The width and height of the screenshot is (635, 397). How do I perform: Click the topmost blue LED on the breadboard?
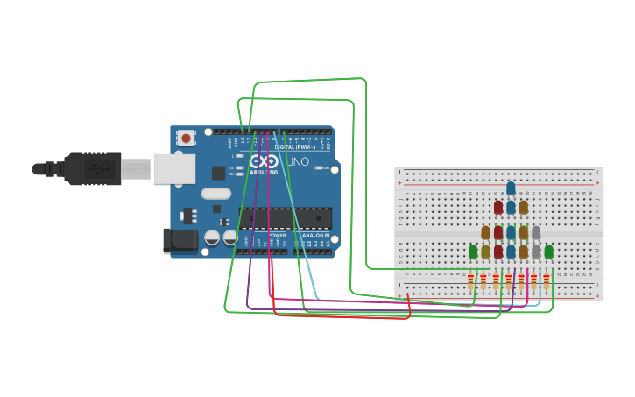[511, 188]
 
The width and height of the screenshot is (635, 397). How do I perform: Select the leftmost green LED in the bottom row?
[473, 252]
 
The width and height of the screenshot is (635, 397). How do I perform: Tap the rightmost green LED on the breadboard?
[548, 252]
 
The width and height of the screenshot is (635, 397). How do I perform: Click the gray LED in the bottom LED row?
[536, 252]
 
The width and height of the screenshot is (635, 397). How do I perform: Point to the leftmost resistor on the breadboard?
[470, 282]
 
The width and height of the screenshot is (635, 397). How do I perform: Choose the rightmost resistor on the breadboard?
[546, 282]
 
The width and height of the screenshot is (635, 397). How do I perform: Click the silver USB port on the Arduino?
[173, 168]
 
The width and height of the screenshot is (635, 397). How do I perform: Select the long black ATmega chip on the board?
[299, 218]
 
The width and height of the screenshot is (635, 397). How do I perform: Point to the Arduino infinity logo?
[264, 162]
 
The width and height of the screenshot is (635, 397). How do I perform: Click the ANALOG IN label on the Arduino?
[315, 236]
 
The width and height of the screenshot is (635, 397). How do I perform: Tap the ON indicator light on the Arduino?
[326, 167]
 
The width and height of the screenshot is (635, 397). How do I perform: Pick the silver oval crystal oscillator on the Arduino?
[215, 194]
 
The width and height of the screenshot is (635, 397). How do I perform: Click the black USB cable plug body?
[92, 168]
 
